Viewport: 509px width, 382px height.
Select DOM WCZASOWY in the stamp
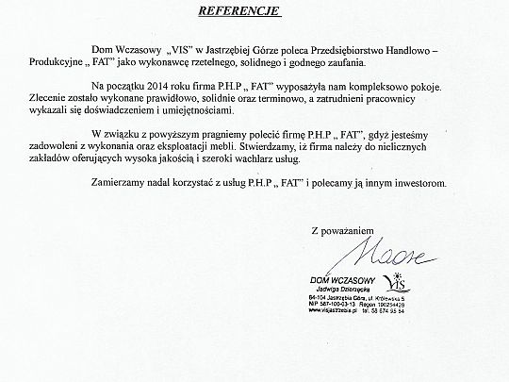coord(342,280)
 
